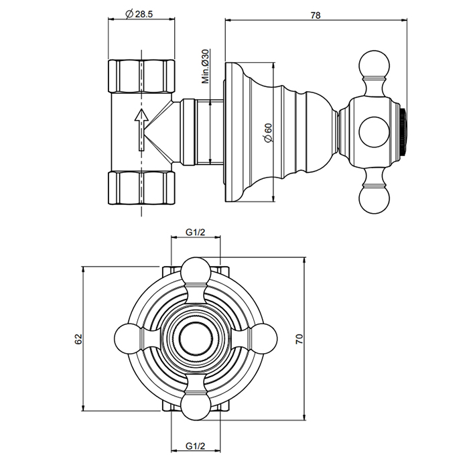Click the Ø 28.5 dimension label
tap(139, 14)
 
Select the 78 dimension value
tap(316, 15)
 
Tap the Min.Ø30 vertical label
tap(205, 66)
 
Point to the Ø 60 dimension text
tap(268, 133)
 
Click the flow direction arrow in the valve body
tap(141, 129)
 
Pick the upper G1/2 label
tap(196, 232)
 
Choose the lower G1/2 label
tap(196, 446)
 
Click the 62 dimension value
tap(78, 339)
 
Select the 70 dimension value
tap(299, 338)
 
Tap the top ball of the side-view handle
tap(374, 66)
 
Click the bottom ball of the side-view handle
tap(374, 199)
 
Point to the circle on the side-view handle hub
tap(374, 132)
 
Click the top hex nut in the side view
tap(141, 76)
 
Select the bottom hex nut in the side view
tap(141, 188)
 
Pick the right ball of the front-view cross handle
tap(263, 338)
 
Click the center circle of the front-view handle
tap(196, 338)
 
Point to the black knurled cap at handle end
tap(403, 132)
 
